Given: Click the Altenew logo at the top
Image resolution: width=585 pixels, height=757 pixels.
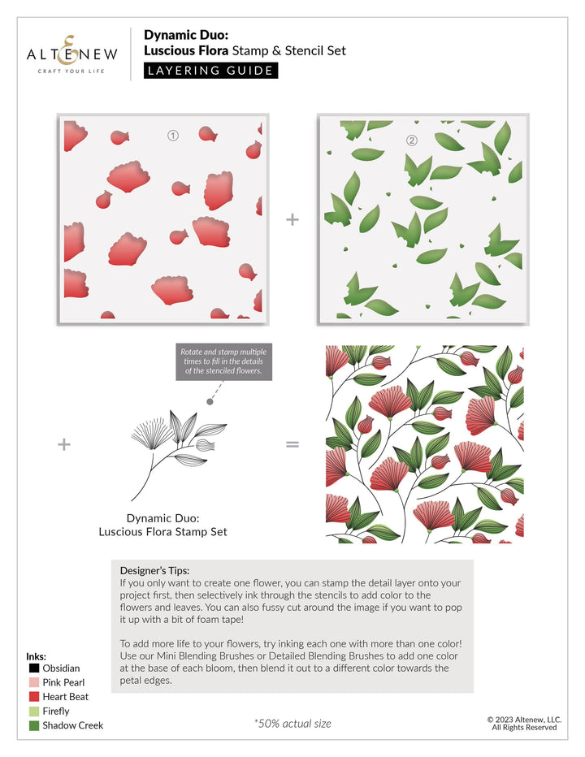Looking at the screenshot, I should pos(72,54).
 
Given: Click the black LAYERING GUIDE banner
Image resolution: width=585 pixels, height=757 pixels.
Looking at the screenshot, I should pos(210,71).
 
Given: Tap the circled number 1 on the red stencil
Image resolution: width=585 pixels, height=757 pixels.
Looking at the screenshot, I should pos(172,136).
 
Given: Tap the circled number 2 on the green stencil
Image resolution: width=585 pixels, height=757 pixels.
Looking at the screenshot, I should pos(411,140).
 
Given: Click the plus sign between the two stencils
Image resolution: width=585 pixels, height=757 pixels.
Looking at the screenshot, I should pos(292,220).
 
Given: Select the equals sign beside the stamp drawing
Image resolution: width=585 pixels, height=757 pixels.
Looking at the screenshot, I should pos(292,444).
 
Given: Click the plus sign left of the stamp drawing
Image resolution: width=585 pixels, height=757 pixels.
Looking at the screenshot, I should pos(64,444).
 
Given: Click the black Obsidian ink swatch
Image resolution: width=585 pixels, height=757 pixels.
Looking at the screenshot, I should pos(34,668).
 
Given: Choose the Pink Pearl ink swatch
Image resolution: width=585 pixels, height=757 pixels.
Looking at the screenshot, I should pos(34,682).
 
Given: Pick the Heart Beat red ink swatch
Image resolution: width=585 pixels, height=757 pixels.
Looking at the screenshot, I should pos(34,697).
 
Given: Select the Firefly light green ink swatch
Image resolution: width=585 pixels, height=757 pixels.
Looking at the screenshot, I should pos(34,712).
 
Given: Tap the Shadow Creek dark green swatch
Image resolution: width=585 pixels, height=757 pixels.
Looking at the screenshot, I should pos(34,725).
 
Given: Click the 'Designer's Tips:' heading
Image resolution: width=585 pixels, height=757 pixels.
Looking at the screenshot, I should pos(154,570).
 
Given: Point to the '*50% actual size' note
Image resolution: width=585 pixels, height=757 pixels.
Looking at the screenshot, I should pos(292,724).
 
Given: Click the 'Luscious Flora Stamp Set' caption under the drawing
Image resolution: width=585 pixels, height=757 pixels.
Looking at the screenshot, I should pos(162,532).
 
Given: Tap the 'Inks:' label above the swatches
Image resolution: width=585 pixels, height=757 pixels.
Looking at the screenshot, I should pos(37,655).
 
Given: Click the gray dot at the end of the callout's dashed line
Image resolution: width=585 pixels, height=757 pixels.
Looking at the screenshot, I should pos(210,401).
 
